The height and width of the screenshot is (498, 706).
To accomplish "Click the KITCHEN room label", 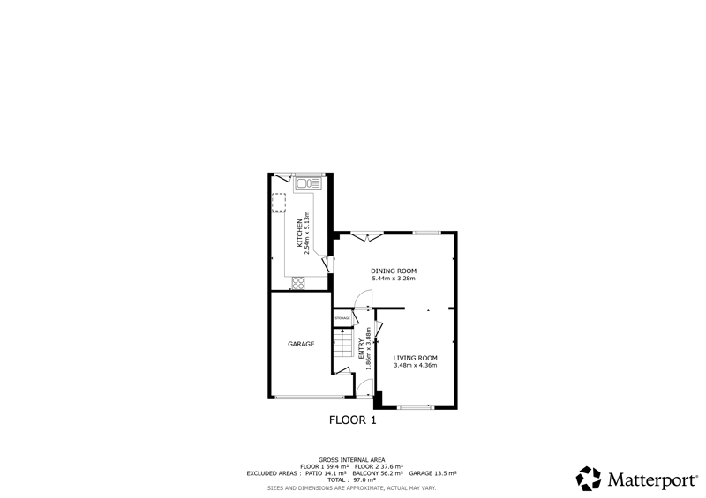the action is coord(299,234).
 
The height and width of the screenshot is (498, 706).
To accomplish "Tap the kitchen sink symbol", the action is coord(308,183).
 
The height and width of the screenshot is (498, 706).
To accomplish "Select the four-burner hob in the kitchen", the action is coord(298,283).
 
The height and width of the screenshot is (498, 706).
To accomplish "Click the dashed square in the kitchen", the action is coord(278,203).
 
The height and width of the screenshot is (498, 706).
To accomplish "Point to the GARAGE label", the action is coord(301,344).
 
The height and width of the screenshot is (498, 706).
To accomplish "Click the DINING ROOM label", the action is coord(394,271).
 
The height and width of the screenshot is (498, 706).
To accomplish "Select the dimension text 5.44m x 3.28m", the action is coord(394,279).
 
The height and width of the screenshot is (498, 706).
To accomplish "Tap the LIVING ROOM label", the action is coord(415,358).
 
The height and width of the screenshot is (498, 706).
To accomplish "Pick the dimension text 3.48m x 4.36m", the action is coord(415,365).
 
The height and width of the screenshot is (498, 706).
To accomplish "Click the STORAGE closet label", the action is coord(342,318).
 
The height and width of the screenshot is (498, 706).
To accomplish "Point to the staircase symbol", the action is coord(342,343).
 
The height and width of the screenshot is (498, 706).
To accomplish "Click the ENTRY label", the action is coord(361,349).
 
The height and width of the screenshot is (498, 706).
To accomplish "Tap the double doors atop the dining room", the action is coord(367,236).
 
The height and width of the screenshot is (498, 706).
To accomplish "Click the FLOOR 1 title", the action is coord(352,420).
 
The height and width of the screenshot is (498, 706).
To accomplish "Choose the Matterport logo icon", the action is coord(589,479).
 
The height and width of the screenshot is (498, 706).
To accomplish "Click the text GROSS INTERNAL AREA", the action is coord(351,460).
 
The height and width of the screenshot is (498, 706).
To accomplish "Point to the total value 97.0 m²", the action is coord(364,480).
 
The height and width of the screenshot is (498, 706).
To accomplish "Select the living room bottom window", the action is coord(415,407).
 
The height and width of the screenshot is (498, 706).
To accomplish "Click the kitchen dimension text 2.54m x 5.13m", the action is coord(307,233).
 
